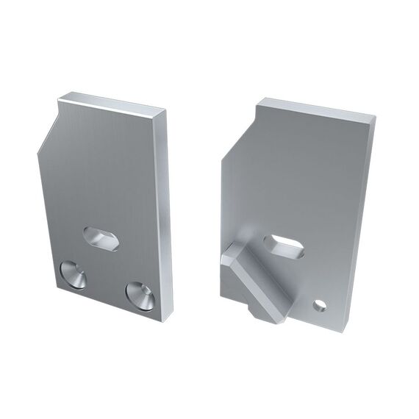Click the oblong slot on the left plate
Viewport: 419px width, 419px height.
101,238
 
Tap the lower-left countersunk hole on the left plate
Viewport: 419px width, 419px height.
73,275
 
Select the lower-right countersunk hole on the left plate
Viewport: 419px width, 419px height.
140,294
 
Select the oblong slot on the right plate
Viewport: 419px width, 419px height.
284,246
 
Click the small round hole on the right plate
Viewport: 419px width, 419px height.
319,304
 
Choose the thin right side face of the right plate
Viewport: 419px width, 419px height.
360,221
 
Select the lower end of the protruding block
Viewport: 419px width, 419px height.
272,312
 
